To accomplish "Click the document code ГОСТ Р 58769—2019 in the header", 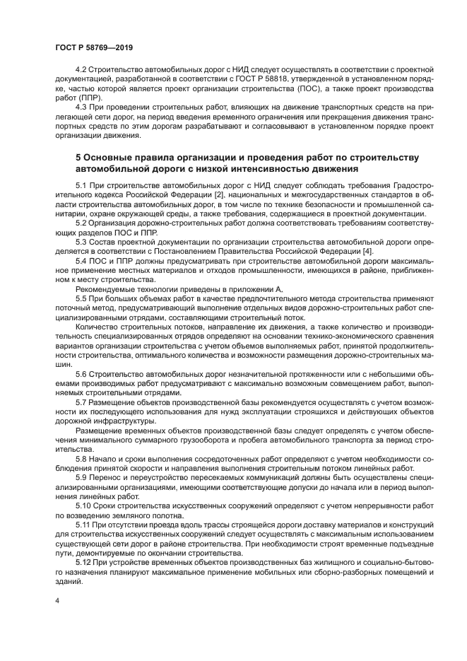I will [x=93, y=47].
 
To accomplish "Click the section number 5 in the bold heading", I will [x=78, y=156].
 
